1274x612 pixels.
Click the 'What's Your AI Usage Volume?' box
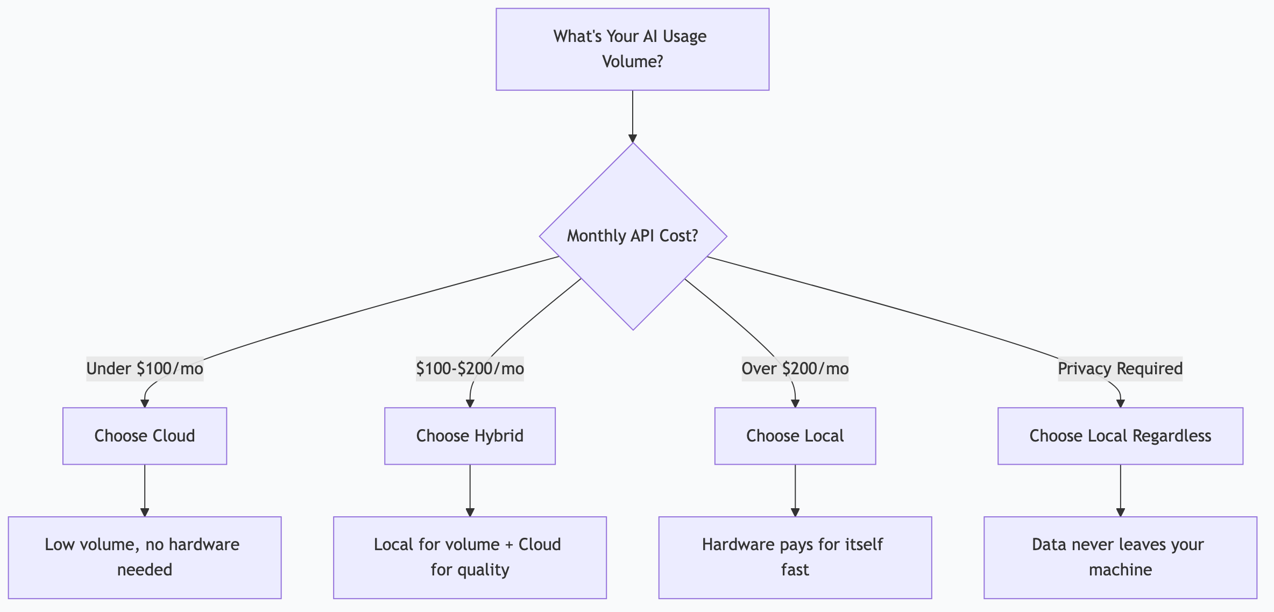tap(632, 49)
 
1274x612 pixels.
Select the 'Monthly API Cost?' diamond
tap(633, 236)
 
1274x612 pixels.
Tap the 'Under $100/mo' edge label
tap(145, 369)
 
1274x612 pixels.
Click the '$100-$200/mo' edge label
tap(470, 369)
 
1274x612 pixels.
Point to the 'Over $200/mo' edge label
tap(795, 369)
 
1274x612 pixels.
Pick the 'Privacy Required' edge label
tap(1120, 369)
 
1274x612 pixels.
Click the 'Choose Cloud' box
tap(145, 436)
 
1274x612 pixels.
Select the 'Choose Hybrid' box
tap(470, 436)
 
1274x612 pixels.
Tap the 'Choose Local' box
tap(795, 436)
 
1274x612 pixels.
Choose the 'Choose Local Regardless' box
tap(1120, 436)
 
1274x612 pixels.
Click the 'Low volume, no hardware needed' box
tap(145, 557)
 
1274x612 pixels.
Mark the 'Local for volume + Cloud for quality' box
tap(470, 557)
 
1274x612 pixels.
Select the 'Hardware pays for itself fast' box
tap(795, 557)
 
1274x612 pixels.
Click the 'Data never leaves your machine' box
tap(1120, 557)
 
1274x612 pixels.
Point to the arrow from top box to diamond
tap(633, 116)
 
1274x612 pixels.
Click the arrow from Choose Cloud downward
tap(145, 489)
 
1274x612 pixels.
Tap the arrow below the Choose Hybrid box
tap(470, 489)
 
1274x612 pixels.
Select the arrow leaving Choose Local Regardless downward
tap(1120, 489)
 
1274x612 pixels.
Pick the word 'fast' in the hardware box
tap(795, 570)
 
